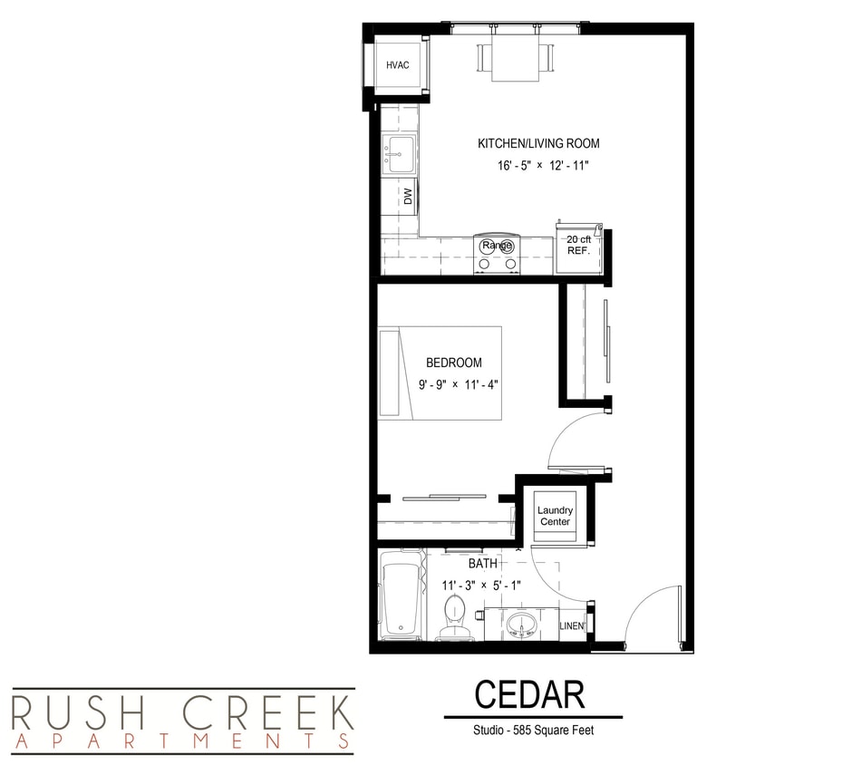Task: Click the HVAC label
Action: pos(398,65)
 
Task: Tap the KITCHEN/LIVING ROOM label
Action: pos(538,143)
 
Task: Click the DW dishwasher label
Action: pos(408,197)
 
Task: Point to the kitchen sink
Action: pos(398,154)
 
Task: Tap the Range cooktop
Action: pos(497,254)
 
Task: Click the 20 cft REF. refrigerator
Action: pos(578,247)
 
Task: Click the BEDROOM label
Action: pos(454,363)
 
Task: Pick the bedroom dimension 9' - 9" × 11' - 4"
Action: pos(459,384)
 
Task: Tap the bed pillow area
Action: pos(390,373)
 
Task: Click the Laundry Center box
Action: pos(555,516)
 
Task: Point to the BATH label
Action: pos(482,564)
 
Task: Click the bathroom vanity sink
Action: pos(521,625)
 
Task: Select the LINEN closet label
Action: pos(571,626)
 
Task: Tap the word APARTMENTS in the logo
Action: pos(181,742)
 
